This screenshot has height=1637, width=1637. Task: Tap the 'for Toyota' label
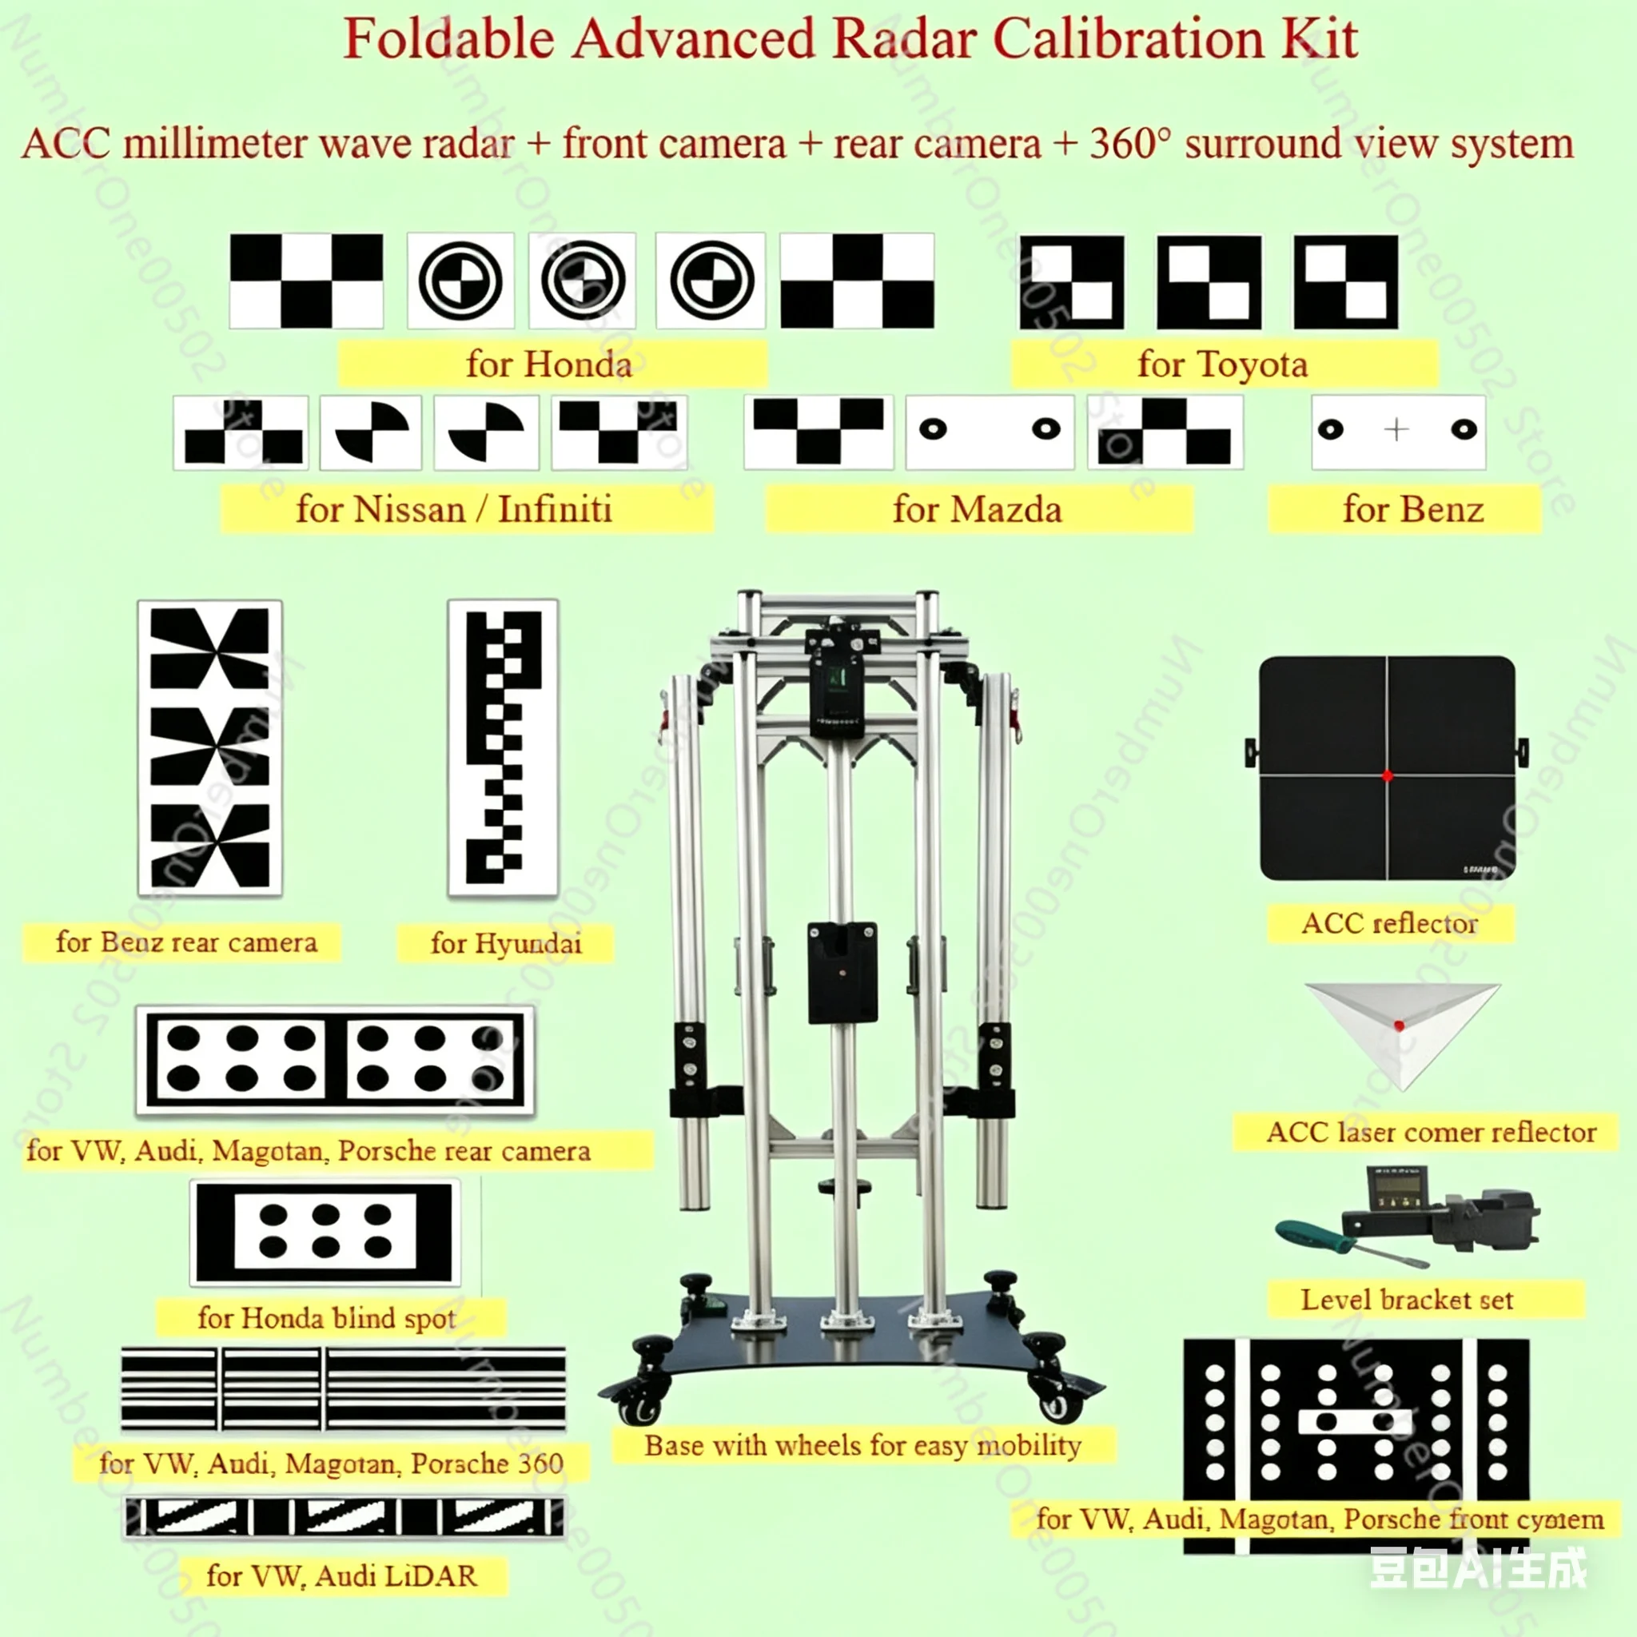click(x=1223, y=364)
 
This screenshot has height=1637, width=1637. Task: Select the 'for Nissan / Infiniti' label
click(x=455, y=509)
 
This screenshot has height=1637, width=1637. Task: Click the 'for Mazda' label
click(x=977, y=509)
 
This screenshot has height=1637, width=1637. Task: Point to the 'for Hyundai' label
click(x=506, y=943)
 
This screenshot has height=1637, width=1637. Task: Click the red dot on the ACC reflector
click(x=1387, y=775)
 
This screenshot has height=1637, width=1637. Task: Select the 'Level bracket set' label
click(x=1408, y=1300)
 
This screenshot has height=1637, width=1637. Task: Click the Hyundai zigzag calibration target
click(x=503, y=747)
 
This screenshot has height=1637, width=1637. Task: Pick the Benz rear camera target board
click(x=209, y=747)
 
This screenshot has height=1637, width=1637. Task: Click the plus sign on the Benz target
click(x=1396, y=429)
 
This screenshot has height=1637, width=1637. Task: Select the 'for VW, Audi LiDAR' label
click(x=341, y=1575)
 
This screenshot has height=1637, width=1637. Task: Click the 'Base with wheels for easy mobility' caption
click(x=862, y=1445)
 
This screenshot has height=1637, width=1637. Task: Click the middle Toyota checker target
click(x=1209, y=282)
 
